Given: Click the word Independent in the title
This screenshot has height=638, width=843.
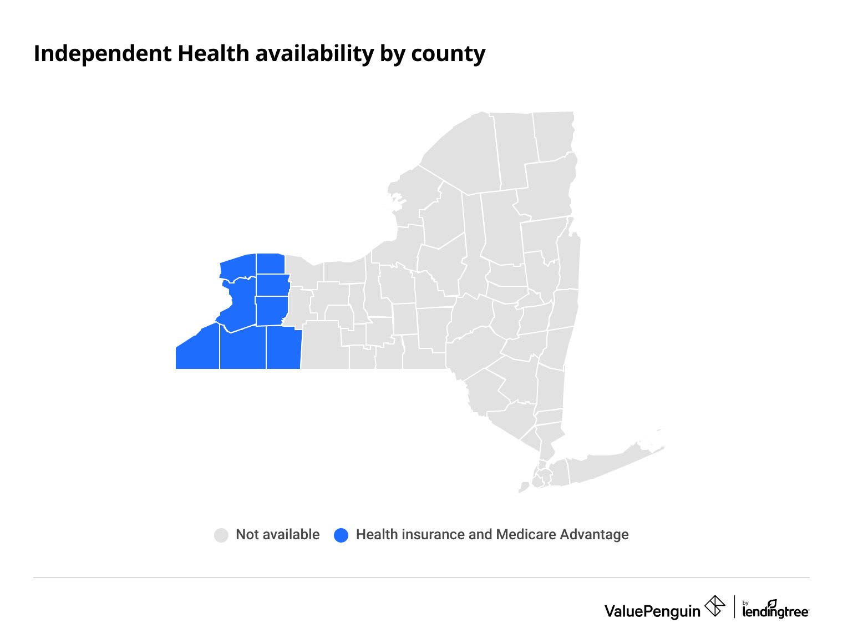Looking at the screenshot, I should coord(103,54).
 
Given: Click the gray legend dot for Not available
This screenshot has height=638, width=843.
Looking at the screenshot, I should coord(221,535).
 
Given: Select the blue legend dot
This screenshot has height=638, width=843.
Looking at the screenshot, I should coord(341,535).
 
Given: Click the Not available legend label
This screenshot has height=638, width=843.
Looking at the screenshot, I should coord(277,534).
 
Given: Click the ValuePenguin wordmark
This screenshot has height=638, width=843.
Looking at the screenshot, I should coord(652,611).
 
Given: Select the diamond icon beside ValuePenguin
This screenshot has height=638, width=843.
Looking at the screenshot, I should coord(714,606).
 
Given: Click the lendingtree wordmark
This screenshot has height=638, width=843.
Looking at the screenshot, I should coord(775,612).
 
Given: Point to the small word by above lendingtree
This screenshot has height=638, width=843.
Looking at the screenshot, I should coord(745,602).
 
